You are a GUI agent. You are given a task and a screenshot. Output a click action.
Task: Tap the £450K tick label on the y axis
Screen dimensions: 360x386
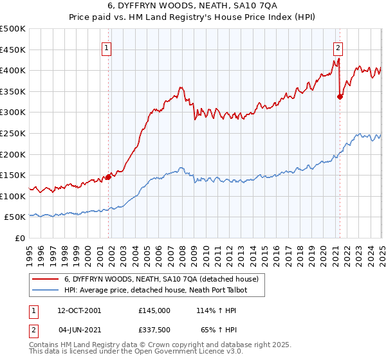click(14, 50)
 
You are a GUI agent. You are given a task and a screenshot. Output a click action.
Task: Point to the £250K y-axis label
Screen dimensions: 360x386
click(14, 133)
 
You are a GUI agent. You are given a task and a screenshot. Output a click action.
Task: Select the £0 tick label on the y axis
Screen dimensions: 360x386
click(20, 238)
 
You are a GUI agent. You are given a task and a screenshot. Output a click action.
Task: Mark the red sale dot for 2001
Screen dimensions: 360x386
click(108, 177)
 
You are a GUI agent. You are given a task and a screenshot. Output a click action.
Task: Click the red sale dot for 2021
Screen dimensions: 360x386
click(340, 96)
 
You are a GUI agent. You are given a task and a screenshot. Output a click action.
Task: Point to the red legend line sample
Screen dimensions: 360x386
click(45, 279)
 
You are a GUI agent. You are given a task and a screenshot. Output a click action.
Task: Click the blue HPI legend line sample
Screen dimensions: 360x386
click(45, 291)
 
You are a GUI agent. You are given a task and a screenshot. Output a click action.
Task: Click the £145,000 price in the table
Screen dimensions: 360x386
click(154, 310)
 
